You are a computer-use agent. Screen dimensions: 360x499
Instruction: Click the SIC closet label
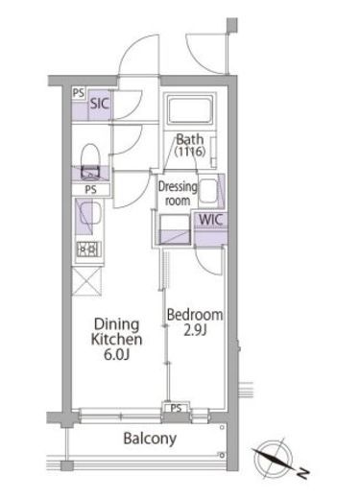tap(100, 104)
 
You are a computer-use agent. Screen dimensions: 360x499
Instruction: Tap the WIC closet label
tap(210, 220)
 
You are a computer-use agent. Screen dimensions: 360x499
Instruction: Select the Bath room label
tap(190, 139)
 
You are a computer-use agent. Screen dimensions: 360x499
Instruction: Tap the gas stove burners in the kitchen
tap(89, 249)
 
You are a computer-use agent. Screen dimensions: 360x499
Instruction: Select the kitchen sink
tap(88, 216)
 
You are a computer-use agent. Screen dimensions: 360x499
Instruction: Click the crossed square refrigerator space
tap(86, 281)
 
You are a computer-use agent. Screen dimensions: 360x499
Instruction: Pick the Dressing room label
tap(178, 194)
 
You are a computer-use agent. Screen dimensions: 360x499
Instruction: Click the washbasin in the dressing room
tap(208, 191)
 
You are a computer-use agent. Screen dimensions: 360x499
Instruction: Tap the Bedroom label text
tap(195, 315)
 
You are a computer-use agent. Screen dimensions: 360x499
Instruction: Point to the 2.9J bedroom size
tap(195, 331)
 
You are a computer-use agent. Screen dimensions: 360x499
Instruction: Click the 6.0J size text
tap(116, 354)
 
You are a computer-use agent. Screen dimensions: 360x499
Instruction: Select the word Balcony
tap(150, 439)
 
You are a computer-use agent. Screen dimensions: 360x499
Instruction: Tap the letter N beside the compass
tap(303, 473)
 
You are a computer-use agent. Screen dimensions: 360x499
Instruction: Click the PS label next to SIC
tap(79, 93)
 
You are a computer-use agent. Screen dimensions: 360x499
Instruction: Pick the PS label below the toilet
tap(90, 190)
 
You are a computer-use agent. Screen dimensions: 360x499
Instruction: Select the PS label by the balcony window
tap(176, 408)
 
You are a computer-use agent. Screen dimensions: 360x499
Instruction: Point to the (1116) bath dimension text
tap(190, 152)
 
